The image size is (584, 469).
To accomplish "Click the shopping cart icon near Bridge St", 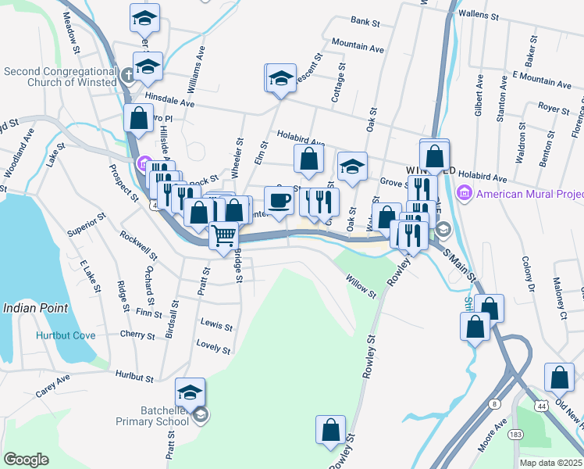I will coord(224,234).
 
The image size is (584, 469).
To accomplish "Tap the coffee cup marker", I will coord(279,200).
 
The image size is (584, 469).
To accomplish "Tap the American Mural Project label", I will coord(529,193).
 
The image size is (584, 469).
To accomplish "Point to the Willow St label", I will coord(361,287).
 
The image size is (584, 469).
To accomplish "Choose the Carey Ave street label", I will coord(52,379).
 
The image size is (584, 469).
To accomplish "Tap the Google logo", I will coord(26,460).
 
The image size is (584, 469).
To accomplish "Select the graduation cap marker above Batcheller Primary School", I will coord(190,392).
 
